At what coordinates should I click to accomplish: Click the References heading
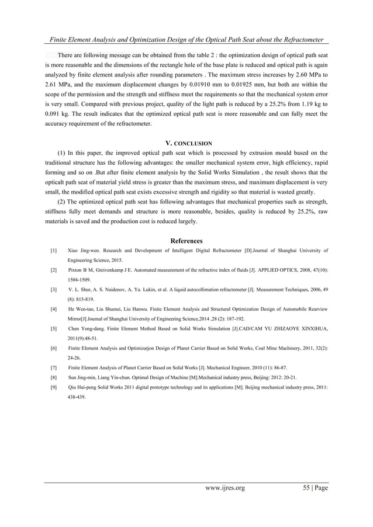pos(186,241)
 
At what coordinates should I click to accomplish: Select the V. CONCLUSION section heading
pos(186,142)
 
